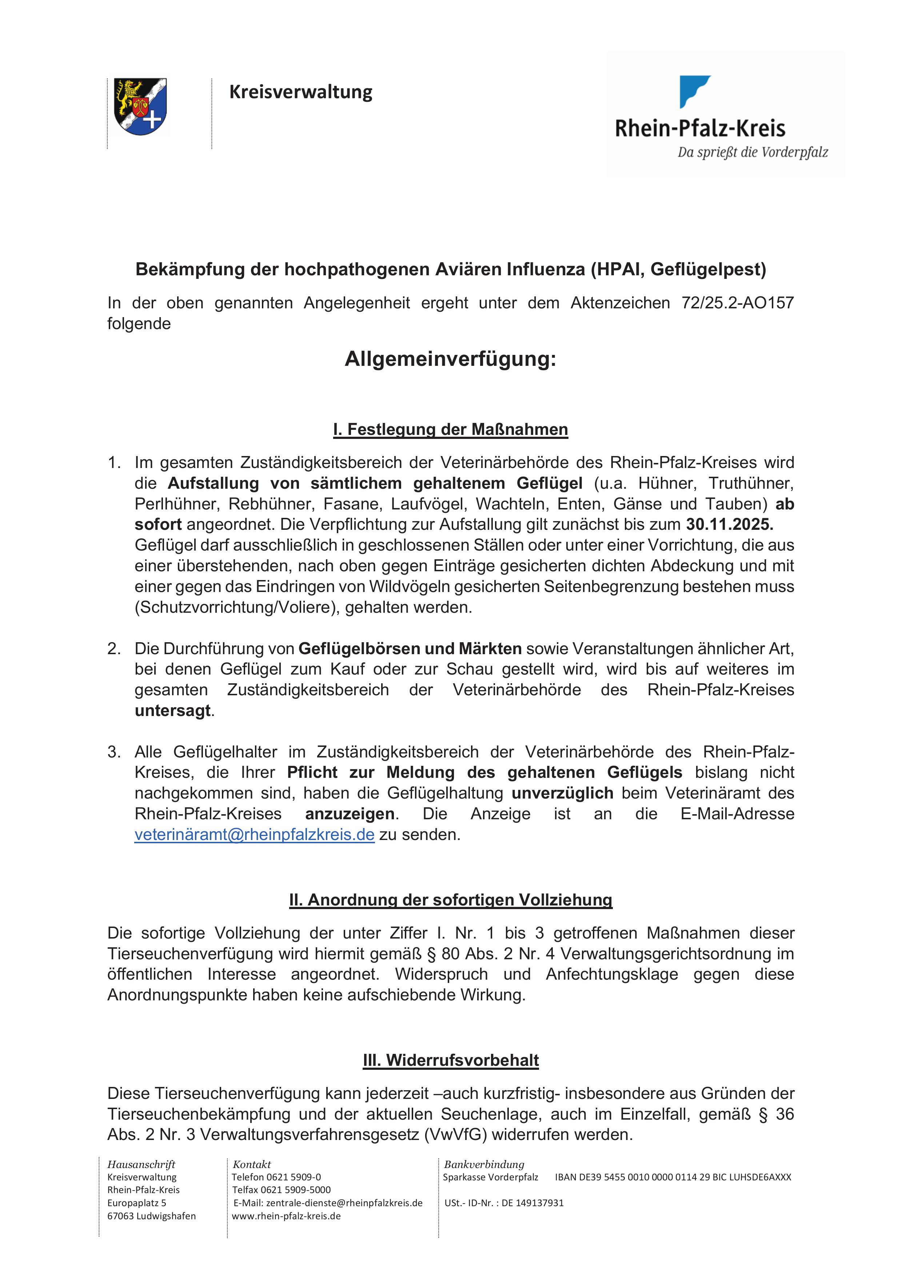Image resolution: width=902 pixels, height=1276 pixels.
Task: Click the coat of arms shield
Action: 140,106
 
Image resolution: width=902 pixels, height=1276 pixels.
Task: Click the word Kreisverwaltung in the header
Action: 301,92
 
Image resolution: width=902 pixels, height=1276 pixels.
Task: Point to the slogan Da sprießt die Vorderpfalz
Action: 753,152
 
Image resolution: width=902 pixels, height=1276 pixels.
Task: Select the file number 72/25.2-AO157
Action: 738,303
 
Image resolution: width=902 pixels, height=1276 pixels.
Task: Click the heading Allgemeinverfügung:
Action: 450,359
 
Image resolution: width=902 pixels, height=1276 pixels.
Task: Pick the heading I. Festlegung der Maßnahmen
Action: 450,429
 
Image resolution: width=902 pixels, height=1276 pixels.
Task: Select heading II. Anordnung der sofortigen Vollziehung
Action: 450,899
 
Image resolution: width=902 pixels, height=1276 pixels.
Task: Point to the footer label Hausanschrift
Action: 141,1164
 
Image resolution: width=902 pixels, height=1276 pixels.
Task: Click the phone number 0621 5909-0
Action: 294,1177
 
